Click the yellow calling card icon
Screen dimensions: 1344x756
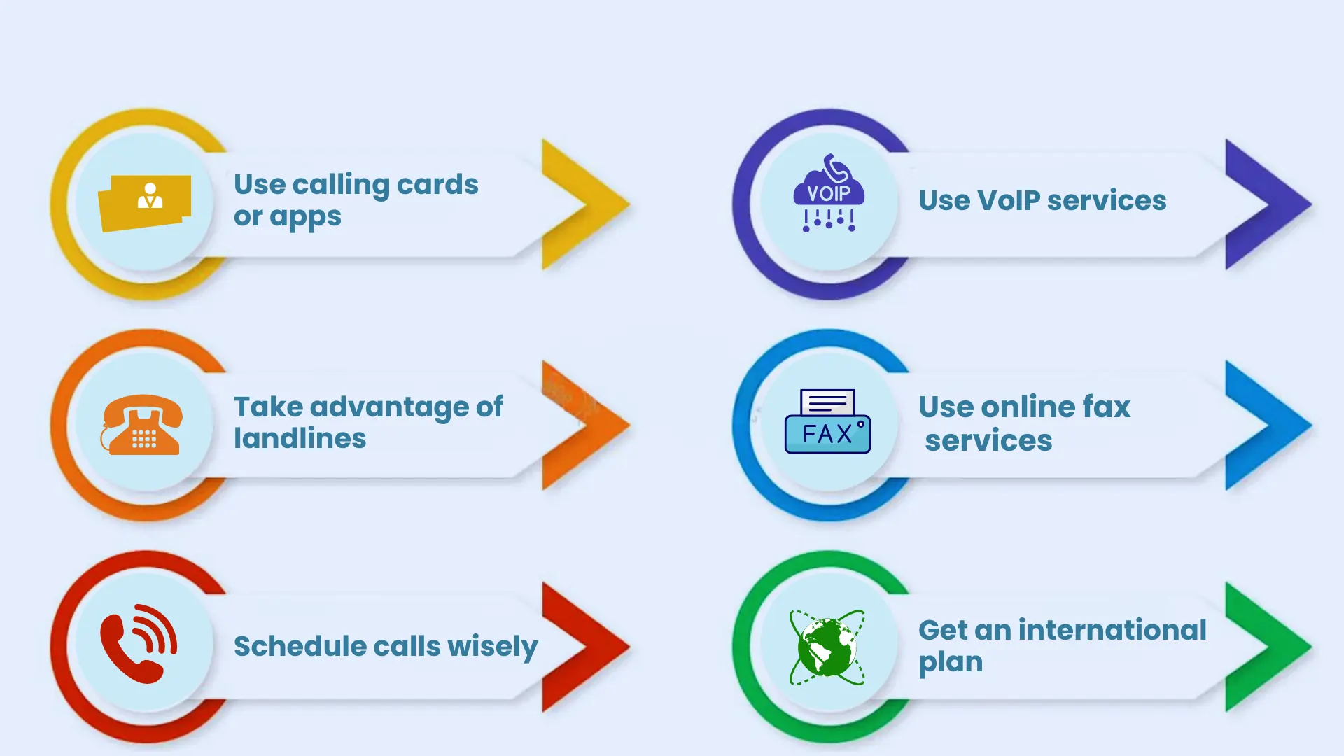[x=145, y=203]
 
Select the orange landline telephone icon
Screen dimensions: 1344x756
[x=142, y=425]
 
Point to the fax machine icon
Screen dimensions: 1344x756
[x=828, y=421]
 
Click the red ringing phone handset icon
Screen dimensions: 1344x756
[x=139, y=643]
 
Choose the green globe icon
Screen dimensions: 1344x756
[x=827, y=647]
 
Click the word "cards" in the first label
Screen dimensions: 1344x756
[x=437, y=184]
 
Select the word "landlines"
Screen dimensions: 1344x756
[x=300, y=438]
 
